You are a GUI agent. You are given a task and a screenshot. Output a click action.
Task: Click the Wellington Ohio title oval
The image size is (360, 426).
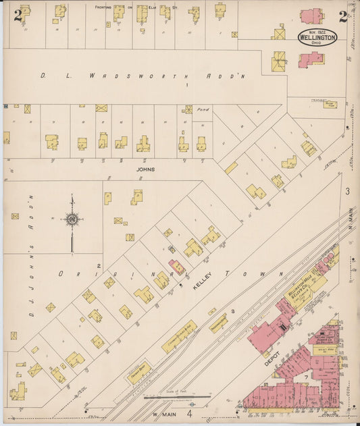coord(317,36)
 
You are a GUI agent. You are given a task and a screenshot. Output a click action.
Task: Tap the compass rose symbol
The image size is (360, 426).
coord(72,218)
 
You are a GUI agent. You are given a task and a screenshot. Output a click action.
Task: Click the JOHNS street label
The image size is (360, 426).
coord(145,169)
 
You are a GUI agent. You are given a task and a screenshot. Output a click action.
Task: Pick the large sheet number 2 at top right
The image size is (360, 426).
coord(343,16)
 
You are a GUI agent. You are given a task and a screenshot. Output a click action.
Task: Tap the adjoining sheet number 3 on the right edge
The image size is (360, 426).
coord(348,192)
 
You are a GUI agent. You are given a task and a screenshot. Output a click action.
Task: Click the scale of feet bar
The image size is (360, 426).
coord(170,398)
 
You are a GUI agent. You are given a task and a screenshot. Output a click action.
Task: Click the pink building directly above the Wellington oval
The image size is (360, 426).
coord(311,16)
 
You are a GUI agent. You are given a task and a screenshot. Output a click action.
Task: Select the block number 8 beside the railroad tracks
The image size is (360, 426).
coord(232,311)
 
